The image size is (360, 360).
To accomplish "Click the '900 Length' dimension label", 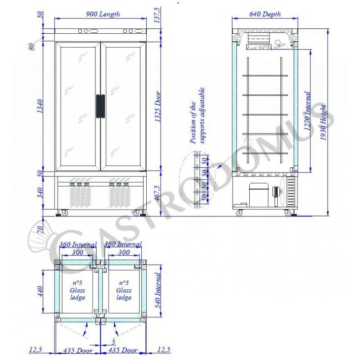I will pyautogui.click(x=103, y=14).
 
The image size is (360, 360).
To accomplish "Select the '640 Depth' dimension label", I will pyautogui.click(x=265, y=14).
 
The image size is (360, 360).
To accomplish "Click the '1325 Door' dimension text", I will pyautogui.click(x=158, y=107).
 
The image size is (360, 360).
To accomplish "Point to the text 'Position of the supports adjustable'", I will pyautogui.click(x=197, y=116).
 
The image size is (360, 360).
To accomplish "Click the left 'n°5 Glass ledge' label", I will pyautogui.click(x=77, y=290).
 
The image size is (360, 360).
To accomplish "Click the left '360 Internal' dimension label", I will pyautogui.click(x=78, y=245).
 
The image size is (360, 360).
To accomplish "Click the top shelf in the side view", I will pyautogui.click(x=265, y=75).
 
